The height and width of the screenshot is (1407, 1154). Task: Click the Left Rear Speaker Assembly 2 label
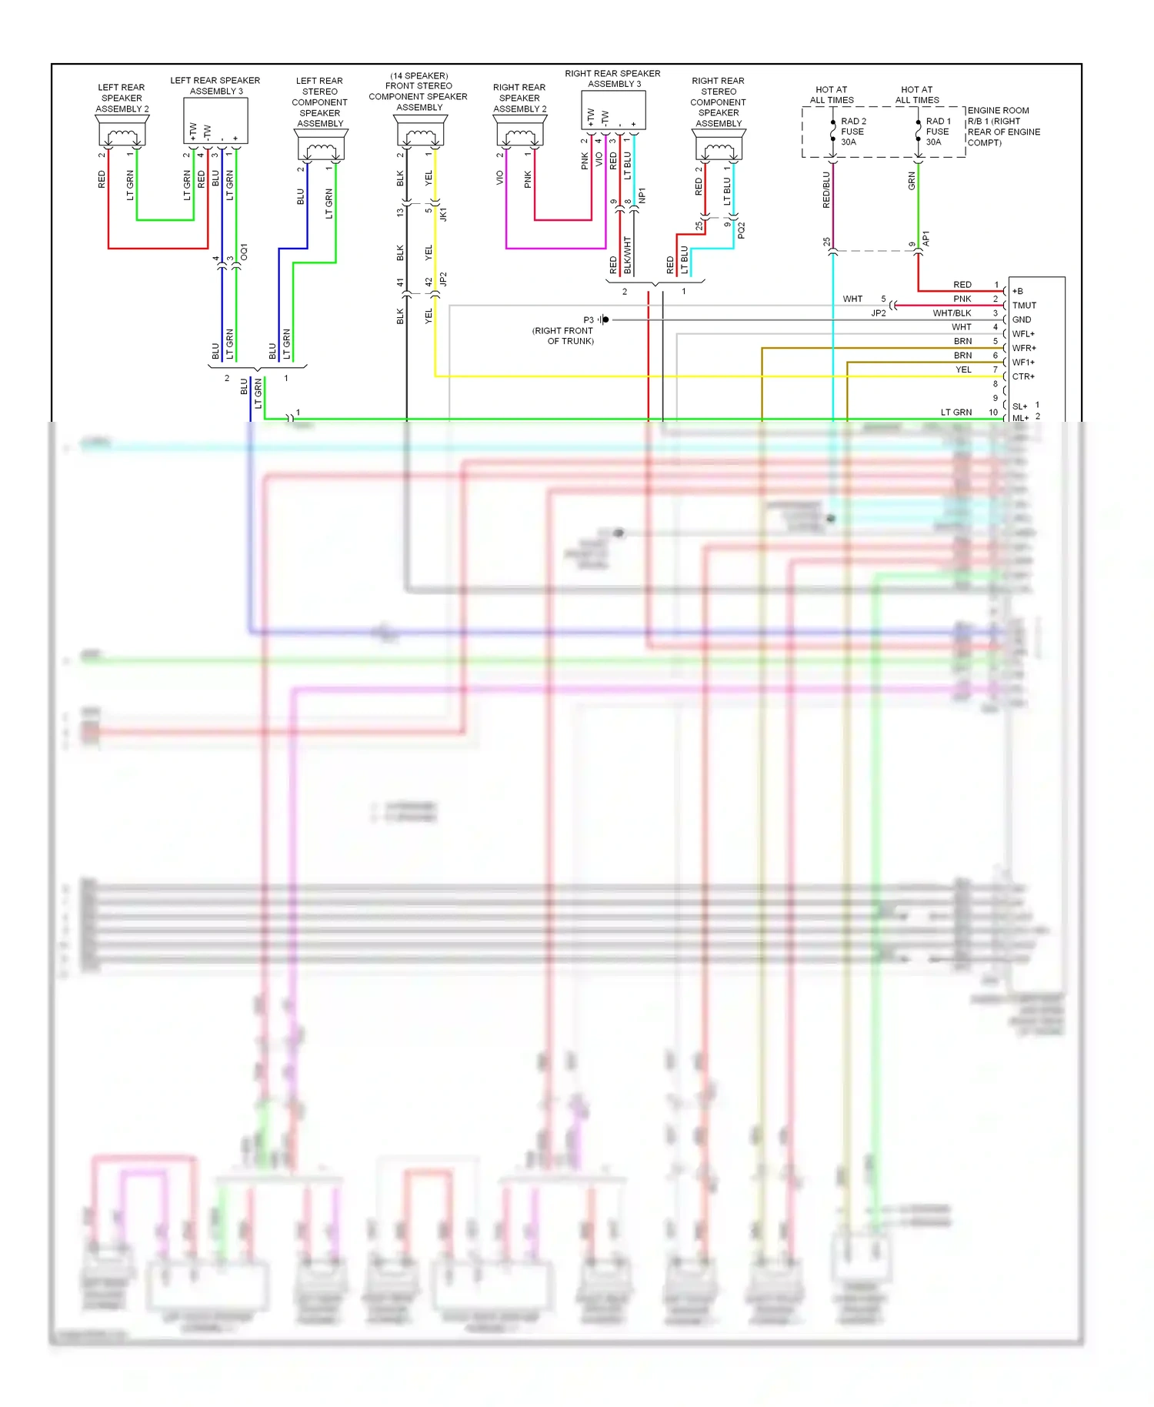point(122,98)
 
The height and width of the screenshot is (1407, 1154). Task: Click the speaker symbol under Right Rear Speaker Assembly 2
point(520,135)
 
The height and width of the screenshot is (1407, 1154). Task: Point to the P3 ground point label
point(589,319)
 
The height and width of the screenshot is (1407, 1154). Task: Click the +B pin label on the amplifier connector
point(1018,291)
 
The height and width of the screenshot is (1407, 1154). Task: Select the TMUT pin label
point(1024,306)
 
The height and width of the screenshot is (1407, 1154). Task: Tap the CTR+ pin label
point(1023,376)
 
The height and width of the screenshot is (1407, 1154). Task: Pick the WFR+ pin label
point(1024,348)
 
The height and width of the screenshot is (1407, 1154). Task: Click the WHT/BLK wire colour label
point(952,313)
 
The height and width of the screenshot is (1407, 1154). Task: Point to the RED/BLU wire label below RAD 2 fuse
point(826,189)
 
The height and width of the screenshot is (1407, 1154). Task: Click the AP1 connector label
point(926,239)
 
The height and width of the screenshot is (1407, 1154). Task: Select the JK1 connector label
point(443,214)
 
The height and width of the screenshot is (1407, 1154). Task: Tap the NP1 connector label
point(642,196)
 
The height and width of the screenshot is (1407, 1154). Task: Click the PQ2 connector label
point(741,230)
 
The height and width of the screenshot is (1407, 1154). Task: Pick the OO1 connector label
point(244,252)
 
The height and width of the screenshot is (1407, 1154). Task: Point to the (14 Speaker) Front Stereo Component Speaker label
point(419,92)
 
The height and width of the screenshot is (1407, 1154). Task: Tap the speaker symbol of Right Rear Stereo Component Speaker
point(719,149)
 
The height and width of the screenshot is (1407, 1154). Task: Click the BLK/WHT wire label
point(628,256)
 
